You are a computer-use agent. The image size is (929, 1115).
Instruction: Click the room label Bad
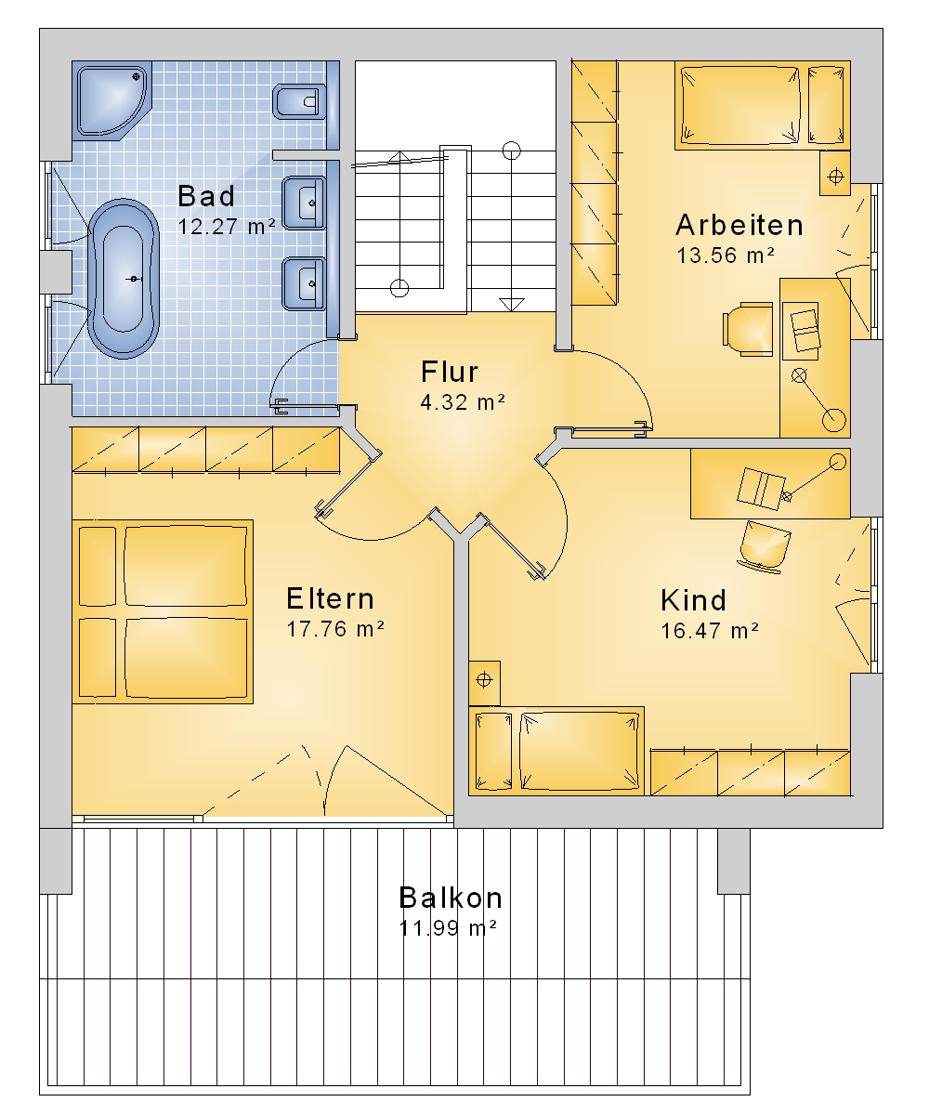coord(206,196)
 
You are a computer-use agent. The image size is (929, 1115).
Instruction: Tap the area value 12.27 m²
coord(227,227)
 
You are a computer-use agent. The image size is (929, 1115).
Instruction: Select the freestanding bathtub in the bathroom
coord(124,278)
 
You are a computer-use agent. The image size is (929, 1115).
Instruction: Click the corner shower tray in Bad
coord(112,100)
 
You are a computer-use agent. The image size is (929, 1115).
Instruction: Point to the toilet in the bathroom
coord(299,101)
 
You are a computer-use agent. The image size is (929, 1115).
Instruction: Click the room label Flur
coord(450,372)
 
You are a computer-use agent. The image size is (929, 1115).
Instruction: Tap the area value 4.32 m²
coord(463,402)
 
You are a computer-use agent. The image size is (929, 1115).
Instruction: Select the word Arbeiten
coord(739,225)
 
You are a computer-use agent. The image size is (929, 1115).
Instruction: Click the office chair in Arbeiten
coord(749,329)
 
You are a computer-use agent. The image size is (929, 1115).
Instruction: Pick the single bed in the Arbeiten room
coord(763,105)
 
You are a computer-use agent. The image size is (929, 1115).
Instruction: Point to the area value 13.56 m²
coord(726,256)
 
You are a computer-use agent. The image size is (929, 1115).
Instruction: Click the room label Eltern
coord(330,598)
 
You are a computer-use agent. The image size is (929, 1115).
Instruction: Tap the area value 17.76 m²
coord(335,628)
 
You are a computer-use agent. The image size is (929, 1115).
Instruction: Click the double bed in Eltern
coord(163,612)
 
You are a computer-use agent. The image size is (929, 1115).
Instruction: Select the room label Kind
coord(694,600)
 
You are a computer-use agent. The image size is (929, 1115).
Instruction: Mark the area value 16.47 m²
coord(710,631)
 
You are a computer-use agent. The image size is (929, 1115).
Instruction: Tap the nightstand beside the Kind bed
coord(484,683)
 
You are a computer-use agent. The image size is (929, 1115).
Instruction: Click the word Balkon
coord(451,898)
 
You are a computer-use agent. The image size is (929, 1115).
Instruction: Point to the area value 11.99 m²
coord(448,928)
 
